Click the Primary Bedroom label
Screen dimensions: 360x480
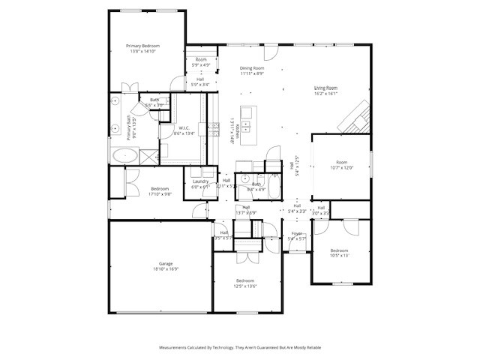142,46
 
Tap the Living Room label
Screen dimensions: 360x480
325,88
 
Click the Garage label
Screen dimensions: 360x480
166,264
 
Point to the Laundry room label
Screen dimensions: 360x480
200,181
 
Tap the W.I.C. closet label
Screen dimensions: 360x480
184,128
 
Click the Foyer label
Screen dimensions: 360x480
297,234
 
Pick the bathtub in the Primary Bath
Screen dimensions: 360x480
124,157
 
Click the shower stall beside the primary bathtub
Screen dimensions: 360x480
148,156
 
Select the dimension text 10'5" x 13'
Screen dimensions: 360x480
339,256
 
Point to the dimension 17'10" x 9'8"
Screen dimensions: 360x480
160,193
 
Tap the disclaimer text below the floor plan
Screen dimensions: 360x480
240,348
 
